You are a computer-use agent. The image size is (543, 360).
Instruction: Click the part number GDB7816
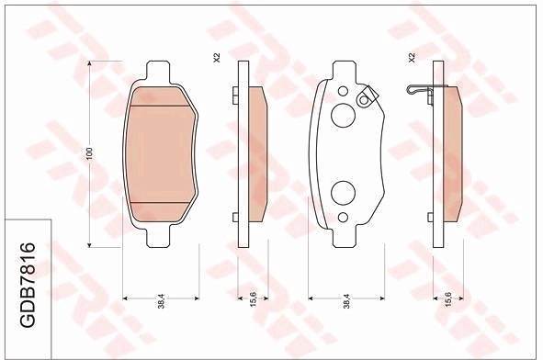(x=28, y=285)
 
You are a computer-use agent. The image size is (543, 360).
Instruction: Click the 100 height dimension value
(x=90, y=153)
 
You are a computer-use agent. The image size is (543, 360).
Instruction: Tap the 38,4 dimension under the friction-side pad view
(x=162, y=301)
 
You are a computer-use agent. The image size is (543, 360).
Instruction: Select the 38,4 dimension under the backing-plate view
(x=347, y=301)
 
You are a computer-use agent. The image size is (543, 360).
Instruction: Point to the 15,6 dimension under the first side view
(x=254, y=299)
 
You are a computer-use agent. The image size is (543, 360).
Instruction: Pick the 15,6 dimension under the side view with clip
(x=448, y=299)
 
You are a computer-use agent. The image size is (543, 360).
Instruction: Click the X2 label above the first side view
(x=217, y=58)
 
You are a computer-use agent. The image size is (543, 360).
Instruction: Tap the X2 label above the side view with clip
(x=412, y=58)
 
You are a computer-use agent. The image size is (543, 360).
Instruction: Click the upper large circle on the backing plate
(x=343, y=116)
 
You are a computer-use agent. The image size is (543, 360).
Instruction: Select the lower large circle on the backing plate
(x=343, y=193)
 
